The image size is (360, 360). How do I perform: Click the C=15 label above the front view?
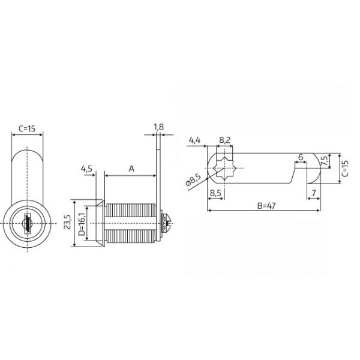[27, 129]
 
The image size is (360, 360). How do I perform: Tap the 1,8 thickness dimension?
[158, 127]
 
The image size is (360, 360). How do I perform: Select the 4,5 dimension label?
[86, 169]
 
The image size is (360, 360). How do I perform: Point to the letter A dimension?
[131, 169]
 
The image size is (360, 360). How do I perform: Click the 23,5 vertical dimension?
[67, 222]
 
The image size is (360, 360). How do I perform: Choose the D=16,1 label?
[82, 224]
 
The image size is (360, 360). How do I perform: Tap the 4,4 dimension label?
[194, 140]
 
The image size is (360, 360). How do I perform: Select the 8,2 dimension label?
[224, 140]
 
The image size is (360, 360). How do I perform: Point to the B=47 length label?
[266, 206]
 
